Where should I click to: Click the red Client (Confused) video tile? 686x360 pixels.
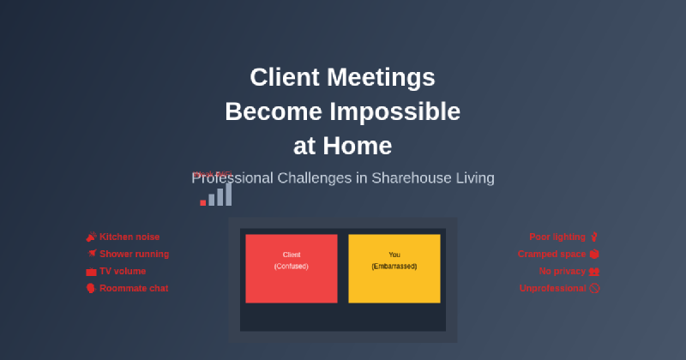point(292,268)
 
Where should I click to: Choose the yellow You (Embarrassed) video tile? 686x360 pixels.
point(394,268)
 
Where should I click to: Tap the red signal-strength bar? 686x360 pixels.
point(203,202)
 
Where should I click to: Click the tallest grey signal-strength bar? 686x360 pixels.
point(228,192)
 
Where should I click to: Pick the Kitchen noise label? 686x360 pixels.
point(129,237)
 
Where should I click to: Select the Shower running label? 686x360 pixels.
point(134,254)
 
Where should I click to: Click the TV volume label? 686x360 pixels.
point(123,271)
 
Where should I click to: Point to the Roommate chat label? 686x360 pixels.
point(134,288)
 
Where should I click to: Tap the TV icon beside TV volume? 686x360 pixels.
point(91,271)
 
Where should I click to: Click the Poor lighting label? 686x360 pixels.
point(557,237)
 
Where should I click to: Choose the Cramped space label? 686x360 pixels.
point(551,254)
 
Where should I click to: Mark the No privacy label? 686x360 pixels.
point(562,271)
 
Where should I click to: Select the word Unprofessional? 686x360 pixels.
point(553,288)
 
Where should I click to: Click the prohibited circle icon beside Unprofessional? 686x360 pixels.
point(594,288)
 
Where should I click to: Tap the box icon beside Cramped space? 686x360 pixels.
point(594,254)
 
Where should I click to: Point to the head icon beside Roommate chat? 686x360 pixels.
point(91,288)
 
